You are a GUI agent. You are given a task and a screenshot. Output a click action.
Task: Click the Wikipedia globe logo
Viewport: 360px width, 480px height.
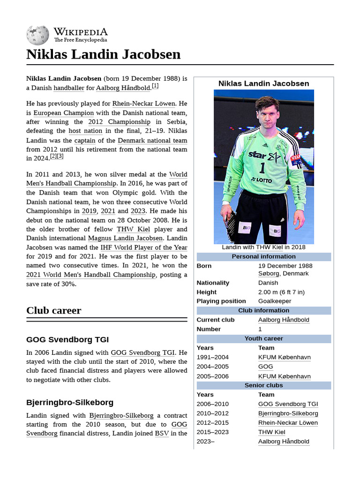(37, 35)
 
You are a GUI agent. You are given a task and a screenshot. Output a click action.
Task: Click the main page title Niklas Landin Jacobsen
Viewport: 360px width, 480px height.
(103, 54)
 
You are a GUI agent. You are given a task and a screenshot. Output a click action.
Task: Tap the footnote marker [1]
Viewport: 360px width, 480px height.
(155, 86)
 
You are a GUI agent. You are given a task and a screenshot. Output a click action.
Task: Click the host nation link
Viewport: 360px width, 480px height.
(85, 131)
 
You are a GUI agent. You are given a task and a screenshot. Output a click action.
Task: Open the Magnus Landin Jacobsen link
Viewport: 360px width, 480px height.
(125, 238)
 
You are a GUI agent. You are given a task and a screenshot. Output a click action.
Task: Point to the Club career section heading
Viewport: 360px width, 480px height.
(53, 310)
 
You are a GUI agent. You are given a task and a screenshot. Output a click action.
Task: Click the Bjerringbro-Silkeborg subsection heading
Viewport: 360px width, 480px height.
(70, 402)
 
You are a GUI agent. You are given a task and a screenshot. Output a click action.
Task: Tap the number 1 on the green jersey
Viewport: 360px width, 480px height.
(262, 167)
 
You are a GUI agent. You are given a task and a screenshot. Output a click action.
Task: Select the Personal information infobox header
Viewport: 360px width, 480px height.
(263, 256)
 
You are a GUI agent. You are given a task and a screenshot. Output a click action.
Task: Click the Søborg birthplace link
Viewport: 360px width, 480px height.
(269, 273)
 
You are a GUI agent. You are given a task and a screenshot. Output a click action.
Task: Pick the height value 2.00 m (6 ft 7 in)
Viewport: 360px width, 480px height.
(281, 292)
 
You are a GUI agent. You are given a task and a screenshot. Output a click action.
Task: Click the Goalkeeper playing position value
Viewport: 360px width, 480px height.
(275, 301)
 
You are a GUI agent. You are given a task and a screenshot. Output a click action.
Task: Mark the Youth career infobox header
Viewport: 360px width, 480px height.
(263, 338)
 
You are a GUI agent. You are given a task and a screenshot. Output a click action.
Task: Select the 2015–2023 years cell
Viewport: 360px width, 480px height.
(213, 432)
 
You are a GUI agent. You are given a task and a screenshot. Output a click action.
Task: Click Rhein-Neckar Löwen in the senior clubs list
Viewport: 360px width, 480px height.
(288, 422)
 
